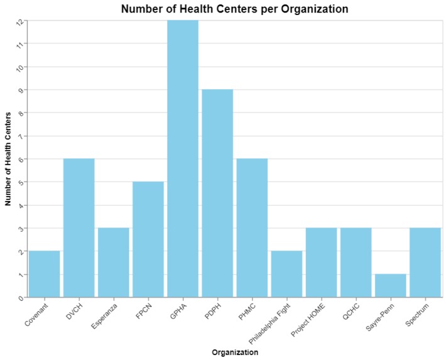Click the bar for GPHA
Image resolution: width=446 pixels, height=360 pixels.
pos(183,158)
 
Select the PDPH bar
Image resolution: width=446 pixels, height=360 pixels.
pos(217,193)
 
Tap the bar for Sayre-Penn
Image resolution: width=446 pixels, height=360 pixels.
pos(390,285)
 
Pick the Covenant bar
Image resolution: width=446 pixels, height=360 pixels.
pos(45,274)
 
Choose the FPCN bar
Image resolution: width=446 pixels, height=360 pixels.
pos(148,239)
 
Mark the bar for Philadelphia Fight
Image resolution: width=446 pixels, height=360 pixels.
pos(286,274)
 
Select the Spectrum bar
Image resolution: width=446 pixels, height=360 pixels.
pos(425,262)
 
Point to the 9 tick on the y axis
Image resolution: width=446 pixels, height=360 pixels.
pos(21,90)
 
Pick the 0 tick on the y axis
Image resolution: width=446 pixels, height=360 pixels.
pos(21,297)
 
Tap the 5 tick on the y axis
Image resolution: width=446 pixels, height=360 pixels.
pos(21,182)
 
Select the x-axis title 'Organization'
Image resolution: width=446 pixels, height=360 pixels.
pos(234,352)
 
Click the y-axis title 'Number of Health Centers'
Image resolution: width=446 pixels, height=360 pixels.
pos(8,158)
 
